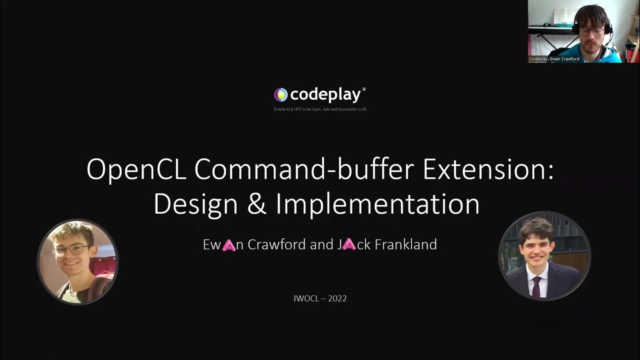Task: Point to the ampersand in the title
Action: tap(257, 204)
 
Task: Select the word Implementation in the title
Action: tap(377, 204)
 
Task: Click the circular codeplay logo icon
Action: tap(281, 94)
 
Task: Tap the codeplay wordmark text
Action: tap(326, 94)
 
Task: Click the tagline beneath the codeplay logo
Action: tap(320, 109)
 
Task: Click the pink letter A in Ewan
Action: tap(228, 245)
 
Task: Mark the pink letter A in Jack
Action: tap(348, 244)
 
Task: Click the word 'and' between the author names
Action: tap(321, 244)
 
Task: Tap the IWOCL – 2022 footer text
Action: tap(320, 298)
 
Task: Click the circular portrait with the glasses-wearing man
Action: tap(77, 262)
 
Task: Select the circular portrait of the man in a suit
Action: tap(544, 255)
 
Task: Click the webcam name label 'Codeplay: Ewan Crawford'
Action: tap(554, 59)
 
